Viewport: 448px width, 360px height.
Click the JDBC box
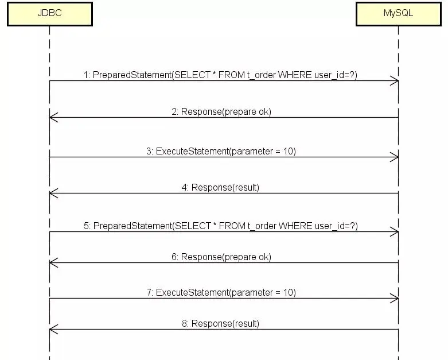[49, 13]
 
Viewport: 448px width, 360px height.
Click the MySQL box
[398, 13]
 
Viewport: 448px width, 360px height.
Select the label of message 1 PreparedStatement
[220, 75]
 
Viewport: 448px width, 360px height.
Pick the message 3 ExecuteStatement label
[221, 151]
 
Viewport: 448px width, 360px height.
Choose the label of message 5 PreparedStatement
[220, 226]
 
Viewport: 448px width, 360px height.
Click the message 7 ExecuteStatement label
[221, 292]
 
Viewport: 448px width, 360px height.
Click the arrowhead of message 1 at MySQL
[395, 81]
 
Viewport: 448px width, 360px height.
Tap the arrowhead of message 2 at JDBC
[53, 118]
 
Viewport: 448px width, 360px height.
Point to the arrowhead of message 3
[395, 157]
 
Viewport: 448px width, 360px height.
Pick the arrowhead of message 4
[53, 193]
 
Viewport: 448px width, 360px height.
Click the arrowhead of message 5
[395, 232]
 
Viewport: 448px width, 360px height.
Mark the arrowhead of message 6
[53, 263]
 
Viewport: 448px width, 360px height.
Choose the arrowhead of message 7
[395, 299]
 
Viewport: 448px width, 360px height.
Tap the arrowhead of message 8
[53, 330]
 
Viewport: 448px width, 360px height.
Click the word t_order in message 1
[262, 75]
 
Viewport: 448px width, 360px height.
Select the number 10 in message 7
[289, 292]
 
